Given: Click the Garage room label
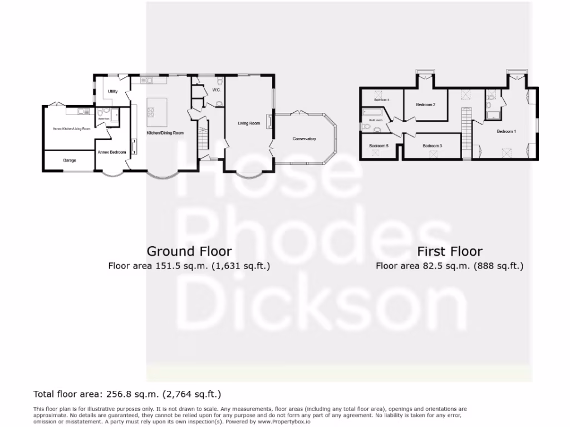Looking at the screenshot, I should [70, 160].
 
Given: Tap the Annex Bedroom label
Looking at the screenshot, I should [111, 152].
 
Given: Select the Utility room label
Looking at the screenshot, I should [113, 91].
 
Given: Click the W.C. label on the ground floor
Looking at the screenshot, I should [217, 90].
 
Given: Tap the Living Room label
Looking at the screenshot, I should [249, 123].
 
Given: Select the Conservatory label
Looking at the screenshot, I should [304, 138].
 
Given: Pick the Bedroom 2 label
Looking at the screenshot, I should [425, 105].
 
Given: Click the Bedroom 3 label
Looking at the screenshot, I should [432, 146].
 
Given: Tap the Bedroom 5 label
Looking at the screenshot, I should [379, 146].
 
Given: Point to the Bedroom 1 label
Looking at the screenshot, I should [506, 131].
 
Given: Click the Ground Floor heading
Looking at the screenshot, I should [189, 251].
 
